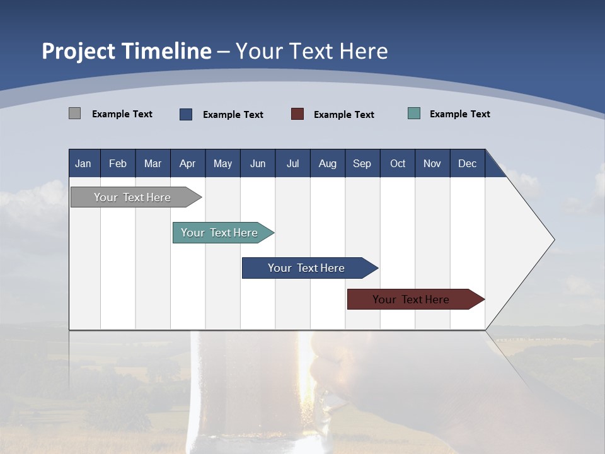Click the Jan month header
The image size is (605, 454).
[x=83, y=163]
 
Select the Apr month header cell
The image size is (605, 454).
[x=187, y=163]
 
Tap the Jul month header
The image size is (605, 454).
[x=292, y=163]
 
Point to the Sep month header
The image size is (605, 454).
[x=362, y=163]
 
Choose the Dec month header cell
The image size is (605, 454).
[x=467, y=163]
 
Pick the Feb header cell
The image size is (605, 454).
[x=118, y=163]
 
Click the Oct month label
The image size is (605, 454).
[x=398, y=163]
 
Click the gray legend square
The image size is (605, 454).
[x=75, y=113]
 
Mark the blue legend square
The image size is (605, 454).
[x=186, y=114]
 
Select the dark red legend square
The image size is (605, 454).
[x=297, y=114]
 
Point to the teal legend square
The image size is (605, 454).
[x=414, y=113]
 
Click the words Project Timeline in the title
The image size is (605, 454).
[x=127, y=51]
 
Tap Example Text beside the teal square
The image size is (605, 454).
[x=459, y=114]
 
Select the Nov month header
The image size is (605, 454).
[x=432, y=163]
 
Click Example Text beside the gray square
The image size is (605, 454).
[x=122, y=114]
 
